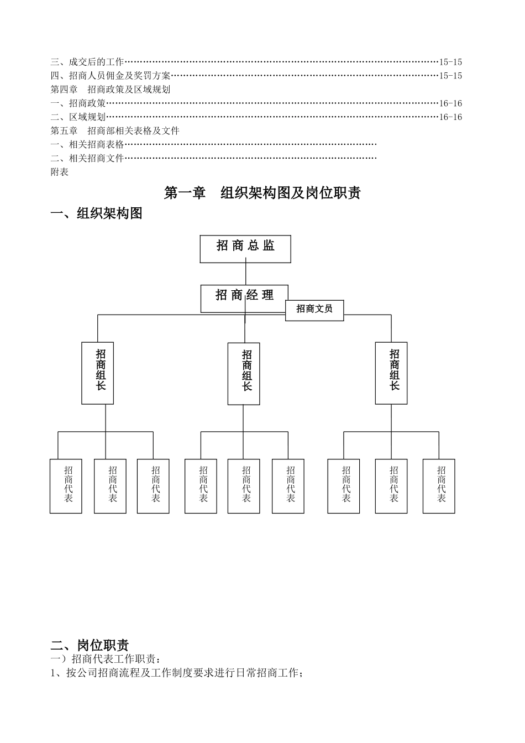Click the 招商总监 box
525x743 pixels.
(x=245, y=248)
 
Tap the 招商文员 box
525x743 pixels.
(x=314, y=310)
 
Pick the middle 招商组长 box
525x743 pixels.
(x=244, y=373)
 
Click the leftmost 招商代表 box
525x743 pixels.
(x=66, y=486)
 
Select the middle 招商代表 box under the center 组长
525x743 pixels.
(x=244, y=486)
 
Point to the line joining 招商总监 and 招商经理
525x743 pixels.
(x=245, y=274)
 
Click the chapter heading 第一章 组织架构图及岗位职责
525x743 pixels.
(x=262, y=193)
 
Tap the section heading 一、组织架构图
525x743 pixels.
(x=97, y=213)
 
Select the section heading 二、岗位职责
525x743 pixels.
(x=90, y=645)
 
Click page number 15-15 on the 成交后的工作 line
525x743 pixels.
(x=450, y=62)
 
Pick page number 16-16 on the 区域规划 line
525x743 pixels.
(x=450, y=117)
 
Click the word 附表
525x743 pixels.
(x=60, y=172)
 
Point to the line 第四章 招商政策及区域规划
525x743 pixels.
(x=111, y=90)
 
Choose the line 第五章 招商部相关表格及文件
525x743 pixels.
(x=115, y=131)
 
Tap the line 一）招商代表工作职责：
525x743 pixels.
(x=107, y=659)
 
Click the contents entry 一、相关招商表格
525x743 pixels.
(x=87, y=145)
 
